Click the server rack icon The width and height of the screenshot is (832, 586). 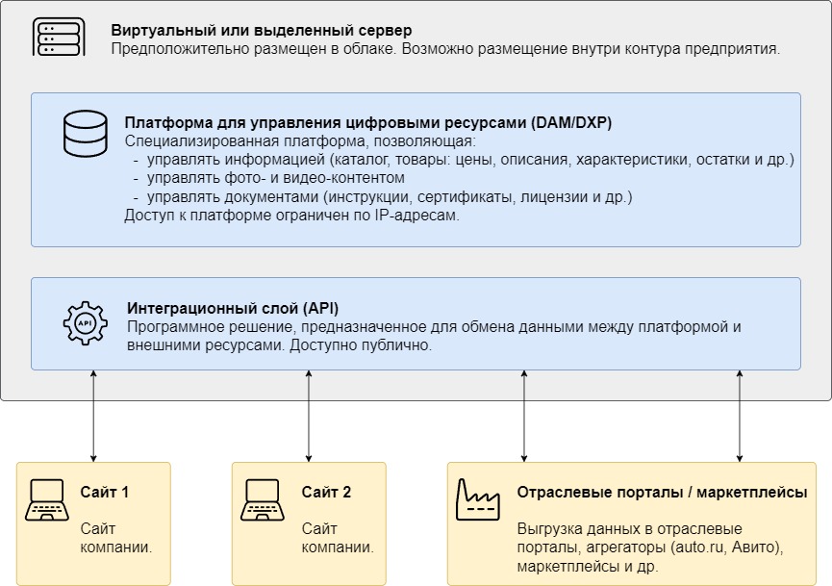59,37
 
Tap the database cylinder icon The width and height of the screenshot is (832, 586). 85,133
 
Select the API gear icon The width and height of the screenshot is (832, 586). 85,323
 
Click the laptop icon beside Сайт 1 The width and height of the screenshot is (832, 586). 47,500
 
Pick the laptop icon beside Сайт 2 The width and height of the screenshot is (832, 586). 263,500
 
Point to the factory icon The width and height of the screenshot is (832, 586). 477,499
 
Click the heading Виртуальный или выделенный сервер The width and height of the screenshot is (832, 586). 261,30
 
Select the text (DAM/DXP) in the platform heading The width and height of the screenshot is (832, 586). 571,122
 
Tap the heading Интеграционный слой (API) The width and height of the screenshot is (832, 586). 233,308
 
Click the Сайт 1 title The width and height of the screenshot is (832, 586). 105,492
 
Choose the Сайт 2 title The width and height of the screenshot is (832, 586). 326,492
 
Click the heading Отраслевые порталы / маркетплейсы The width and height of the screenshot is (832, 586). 662,493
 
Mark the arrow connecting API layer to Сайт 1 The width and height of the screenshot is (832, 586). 93,416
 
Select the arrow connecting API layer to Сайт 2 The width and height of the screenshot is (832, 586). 309,416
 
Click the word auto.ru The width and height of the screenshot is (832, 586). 699,548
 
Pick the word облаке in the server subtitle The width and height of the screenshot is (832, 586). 369,49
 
